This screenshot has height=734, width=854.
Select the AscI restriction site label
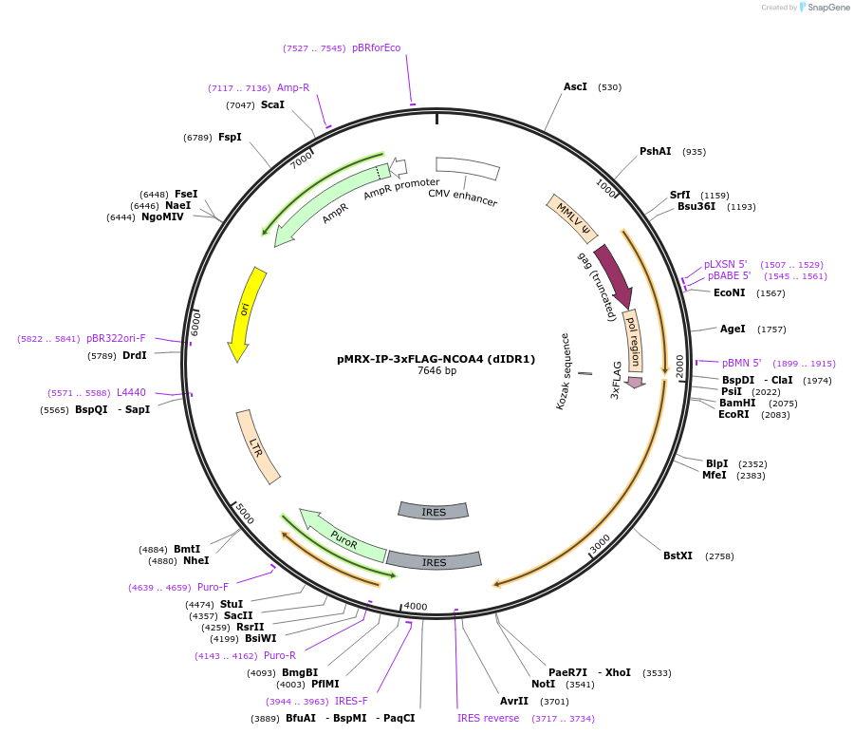(x=575, y=86)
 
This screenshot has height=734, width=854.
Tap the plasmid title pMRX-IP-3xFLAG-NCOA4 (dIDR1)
(x=436, y=359)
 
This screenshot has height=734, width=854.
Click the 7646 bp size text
(x=436, y=370)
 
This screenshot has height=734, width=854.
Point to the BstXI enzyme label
(x=678, y=555)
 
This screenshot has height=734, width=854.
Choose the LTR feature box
(x=258, y=446)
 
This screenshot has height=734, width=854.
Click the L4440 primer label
(x=131, y=392)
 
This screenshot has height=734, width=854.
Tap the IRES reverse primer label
(x=488, y=718)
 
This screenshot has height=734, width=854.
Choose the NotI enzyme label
(x=543, y=684)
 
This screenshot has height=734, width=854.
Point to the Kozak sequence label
(x=563, y=370)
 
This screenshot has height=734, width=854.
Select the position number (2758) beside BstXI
(x=719, y=556)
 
